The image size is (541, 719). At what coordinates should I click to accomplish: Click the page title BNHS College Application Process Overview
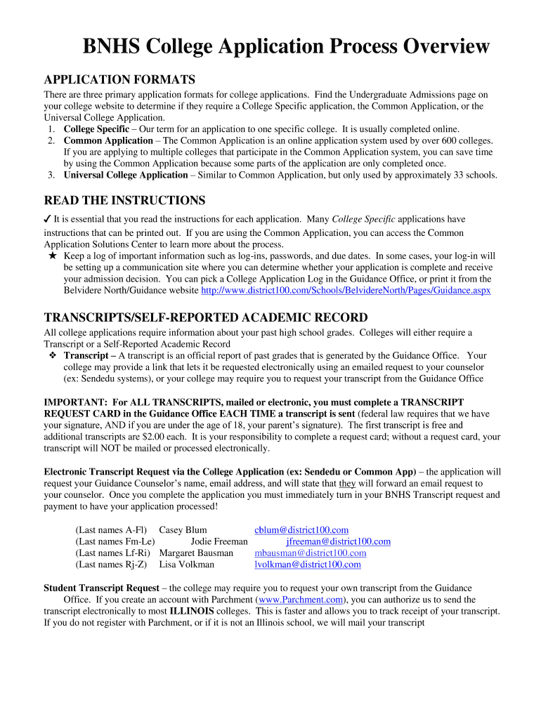click(x=286, y=47)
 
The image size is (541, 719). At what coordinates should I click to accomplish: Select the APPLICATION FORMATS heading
click(x=119, y=79)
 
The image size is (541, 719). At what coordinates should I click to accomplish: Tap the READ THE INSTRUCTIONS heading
click(x=124, y=201)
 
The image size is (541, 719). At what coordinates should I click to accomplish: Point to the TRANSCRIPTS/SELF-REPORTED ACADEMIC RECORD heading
click(x=205, y=317)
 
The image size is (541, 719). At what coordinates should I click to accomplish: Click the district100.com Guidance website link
click(x=346, y=290)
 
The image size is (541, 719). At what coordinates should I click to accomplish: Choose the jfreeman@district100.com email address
click(x=338, y=541)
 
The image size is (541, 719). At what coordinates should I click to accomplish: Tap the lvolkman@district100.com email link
click(x=307, y=564)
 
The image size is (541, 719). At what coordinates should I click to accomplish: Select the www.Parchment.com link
click(x=301, y=600)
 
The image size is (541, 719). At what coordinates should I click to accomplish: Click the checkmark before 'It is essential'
click(x=48, y=219)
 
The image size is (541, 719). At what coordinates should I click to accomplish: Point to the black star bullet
click(x=53, y=256)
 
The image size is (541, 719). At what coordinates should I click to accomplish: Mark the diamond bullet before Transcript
click(x=53, y=356)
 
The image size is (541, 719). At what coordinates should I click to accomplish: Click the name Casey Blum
click(x=183, y=530)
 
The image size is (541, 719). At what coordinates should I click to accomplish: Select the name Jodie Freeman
click(x=219, y=541)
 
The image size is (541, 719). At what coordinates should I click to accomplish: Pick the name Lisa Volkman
click(x=186, y=564)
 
